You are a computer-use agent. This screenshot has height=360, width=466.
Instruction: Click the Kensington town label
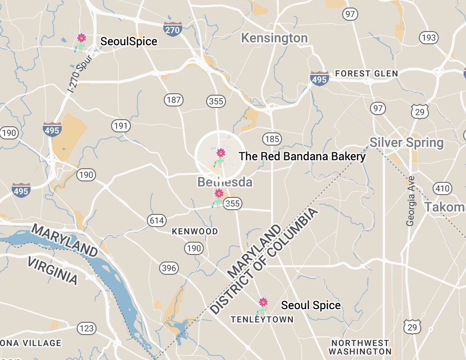point(274,38)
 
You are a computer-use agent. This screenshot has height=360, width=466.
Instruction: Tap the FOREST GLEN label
point(366,74)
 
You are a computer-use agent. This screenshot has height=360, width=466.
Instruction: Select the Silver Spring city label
point(406,142)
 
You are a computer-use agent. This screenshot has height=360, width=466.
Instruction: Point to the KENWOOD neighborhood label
point(195,231)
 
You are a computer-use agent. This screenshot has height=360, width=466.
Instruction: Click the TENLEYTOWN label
point(262,319)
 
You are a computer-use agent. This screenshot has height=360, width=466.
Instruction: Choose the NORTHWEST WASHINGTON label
point(360,347)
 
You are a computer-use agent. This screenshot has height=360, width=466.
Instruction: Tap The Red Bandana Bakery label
point(302,156)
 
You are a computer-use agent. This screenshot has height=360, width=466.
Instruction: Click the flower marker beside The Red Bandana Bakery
point(220,153)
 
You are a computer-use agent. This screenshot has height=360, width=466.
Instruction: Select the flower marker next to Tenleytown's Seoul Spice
point(263,302)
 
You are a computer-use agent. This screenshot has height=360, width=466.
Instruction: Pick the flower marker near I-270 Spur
point(81,38)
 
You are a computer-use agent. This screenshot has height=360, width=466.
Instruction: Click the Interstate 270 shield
point(173,29)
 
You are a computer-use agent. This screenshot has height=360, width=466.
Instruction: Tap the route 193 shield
point(429,37)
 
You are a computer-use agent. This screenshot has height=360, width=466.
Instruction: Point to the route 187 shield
point(174,99)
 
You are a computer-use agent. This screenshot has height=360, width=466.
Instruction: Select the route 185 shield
point(272,139)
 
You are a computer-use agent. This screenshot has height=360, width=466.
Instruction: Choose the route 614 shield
point(156,220)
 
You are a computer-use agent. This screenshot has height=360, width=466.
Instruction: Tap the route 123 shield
point(87,328)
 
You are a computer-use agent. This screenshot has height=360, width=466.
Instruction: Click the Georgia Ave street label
point(410,201)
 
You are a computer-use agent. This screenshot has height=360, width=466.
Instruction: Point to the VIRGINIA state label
point(52,270)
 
